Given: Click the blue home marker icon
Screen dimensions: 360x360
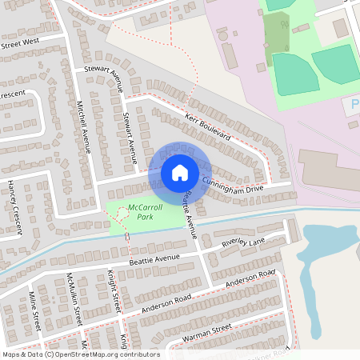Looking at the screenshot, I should pos(180,172).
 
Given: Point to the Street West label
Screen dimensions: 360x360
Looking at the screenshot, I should pos(20,41).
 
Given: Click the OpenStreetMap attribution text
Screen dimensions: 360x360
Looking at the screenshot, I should pos(81,354).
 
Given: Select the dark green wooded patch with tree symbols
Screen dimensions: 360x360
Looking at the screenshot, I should pos(277,33).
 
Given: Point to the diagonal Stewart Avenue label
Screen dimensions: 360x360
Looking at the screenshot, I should pos(102,78).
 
